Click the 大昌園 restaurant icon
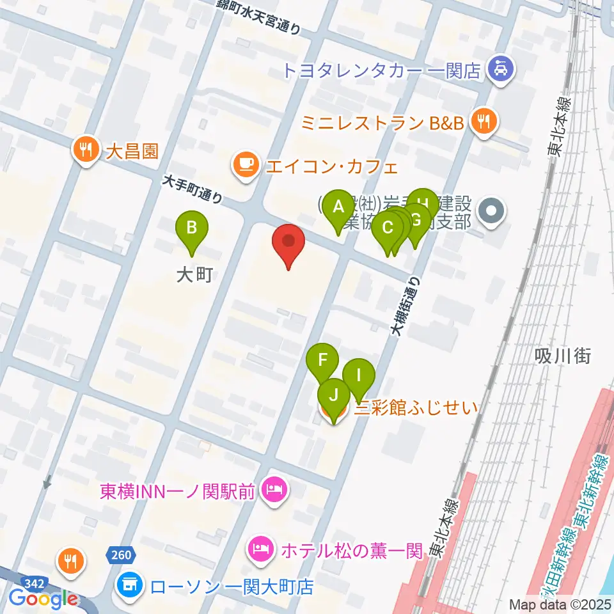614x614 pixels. pos(85,151)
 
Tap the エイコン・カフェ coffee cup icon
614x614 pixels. pos(246,165)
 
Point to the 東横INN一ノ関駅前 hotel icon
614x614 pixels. pos(276,491)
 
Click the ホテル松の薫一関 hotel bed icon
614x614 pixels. pos(262,548)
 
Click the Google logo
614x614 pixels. pos(43,599)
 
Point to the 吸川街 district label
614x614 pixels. pos(563,356)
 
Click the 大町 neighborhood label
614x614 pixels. pos(193,275)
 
